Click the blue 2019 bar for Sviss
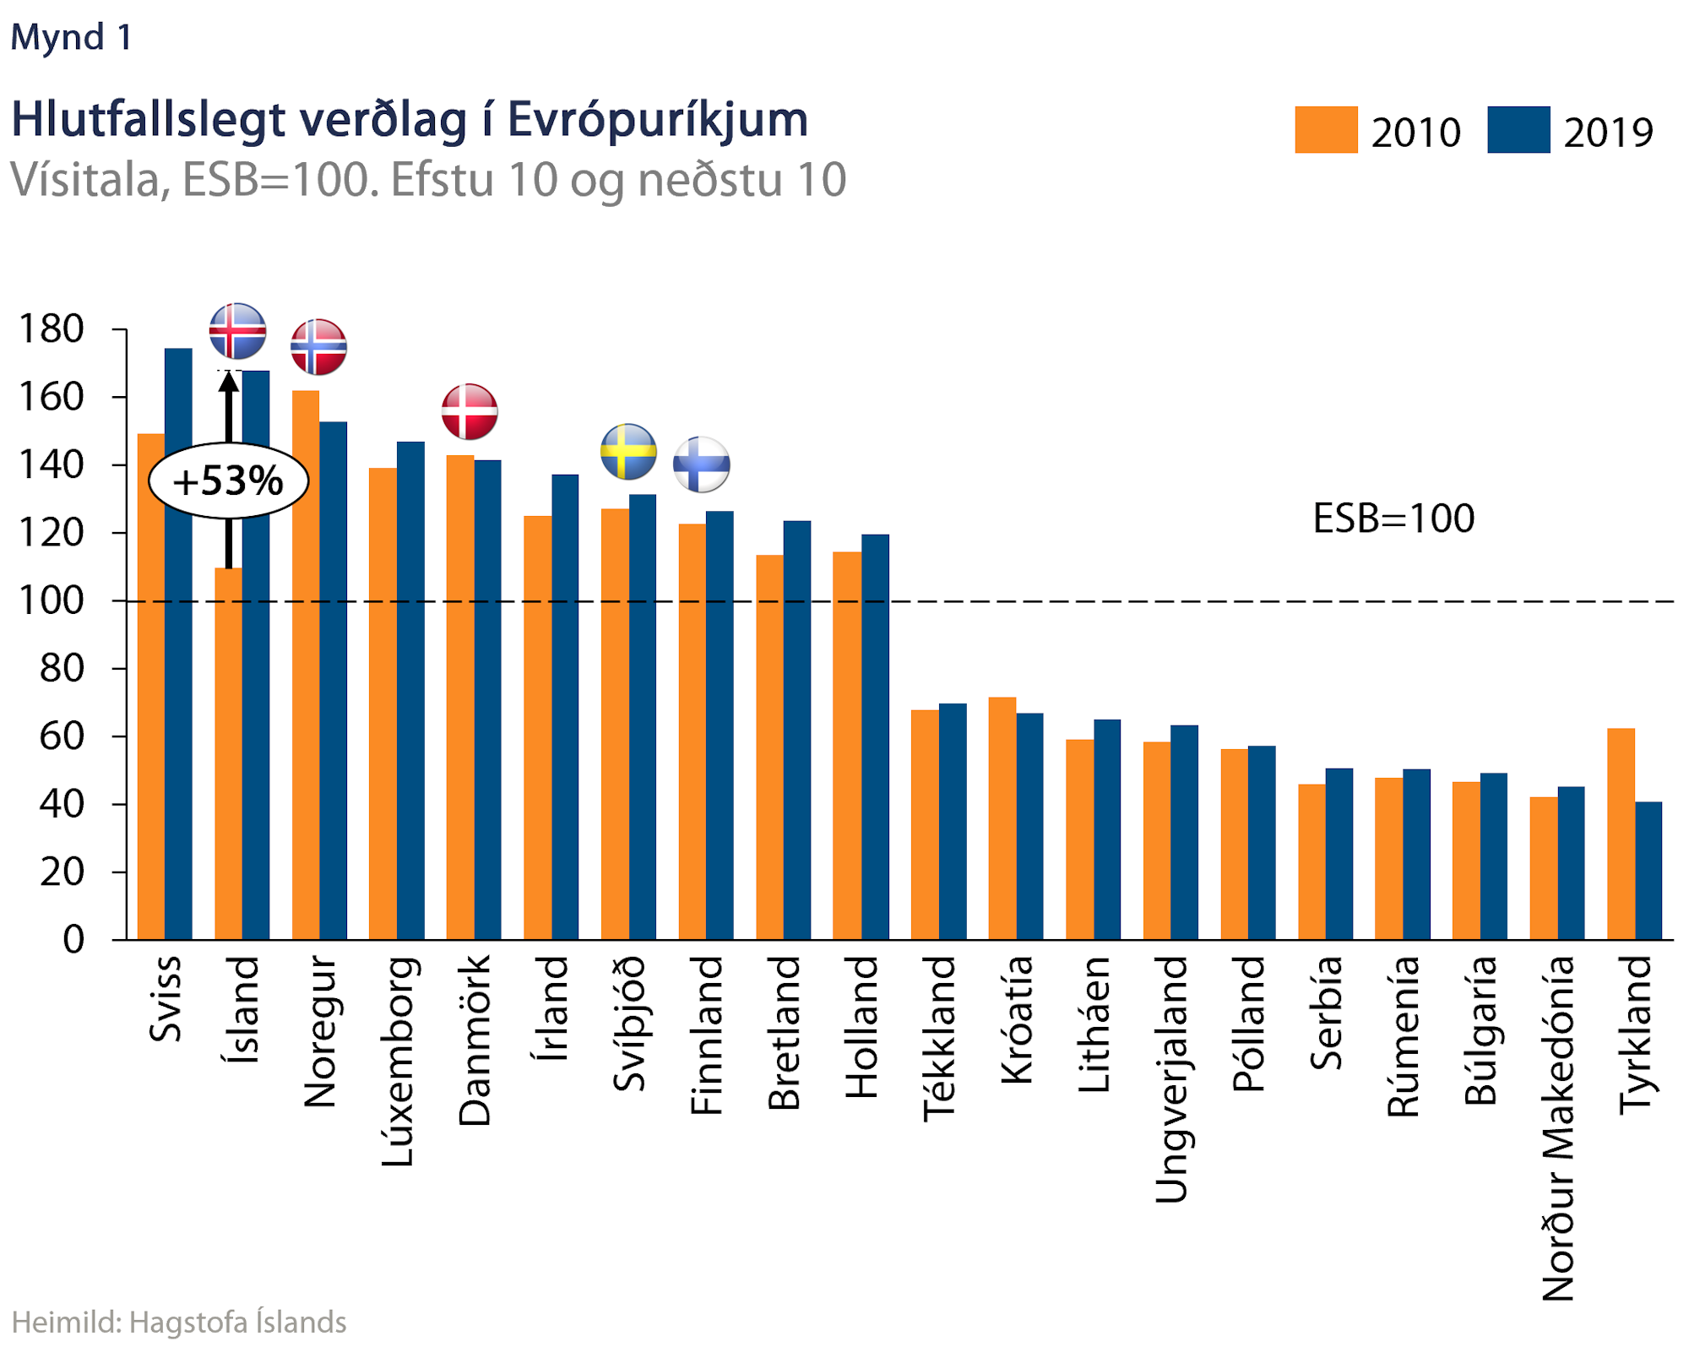coord(178,642)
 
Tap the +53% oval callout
coord(228,481)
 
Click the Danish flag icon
coord(470,411)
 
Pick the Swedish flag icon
coord(628,452)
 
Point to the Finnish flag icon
coord(701,464)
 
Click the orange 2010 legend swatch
coord(1326,130)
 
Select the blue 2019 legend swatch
coord(1518,130)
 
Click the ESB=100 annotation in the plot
coord(1393,518)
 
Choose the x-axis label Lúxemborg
coord(397,1062)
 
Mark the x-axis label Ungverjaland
coord(1171,1079)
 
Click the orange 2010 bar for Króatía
coord(1002,817)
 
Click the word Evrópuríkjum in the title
coord(658,119)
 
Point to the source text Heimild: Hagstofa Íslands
coord(179,1322)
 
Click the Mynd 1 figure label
coord(71,37)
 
